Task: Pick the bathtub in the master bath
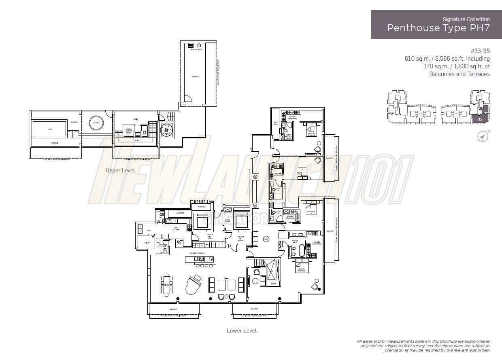pos(302,251)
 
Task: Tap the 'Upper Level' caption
pos(120,171)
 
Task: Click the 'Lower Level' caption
pos(241,330)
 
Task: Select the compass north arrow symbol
pos(483,137)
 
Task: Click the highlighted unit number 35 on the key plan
pos(480,119)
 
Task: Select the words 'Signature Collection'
pos(466,19)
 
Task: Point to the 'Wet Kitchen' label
pos(177,229)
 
